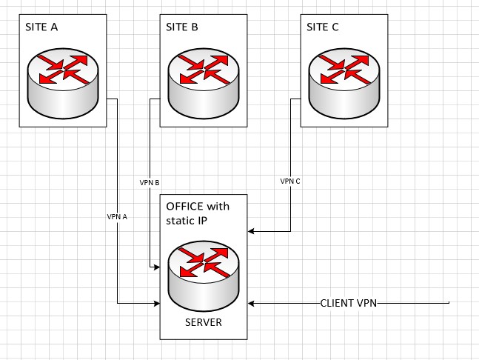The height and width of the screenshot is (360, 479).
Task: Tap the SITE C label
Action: click(323, 27)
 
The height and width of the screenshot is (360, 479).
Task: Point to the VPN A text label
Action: click(118, 216)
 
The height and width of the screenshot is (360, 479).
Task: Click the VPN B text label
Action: click(150, 181)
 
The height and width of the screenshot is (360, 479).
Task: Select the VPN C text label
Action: click(290, 181)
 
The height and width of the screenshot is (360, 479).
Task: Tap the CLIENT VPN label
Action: click(349, 303)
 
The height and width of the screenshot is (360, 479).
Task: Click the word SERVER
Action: click(204, 323)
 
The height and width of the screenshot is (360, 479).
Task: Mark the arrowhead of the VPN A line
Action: click(158, 303)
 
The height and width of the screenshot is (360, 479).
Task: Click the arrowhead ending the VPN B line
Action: click(158, 266)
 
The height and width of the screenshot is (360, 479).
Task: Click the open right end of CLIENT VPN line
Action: click(449, 303)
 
